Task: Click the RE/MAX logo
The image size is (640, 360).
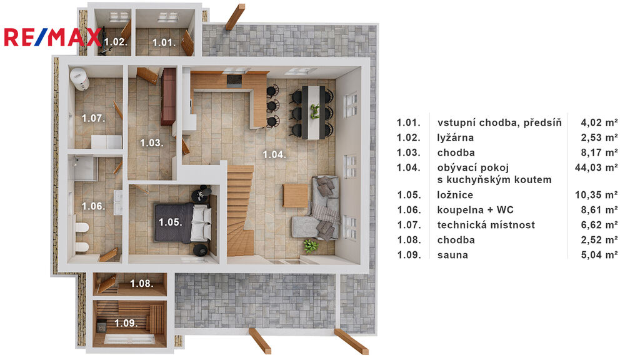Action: (x=52, y=37)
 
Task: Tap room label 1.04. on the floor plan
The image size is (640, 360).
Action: (x=274, y=154)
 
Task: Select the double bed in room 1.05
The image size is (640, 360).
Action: (x=183, y=222)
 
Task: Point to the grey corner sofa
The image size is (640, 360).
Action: (x=318, y=208)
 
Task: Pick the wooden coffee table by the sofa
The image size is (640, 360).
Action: (x=296, y=196)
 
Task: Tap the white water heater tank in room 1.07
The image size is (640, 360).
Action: (x=79, y=79)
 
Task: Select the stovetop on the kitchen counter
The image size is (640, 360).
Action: (x=234, y=81)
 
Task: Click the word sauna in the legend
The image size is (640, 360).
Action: (x=452, y=255)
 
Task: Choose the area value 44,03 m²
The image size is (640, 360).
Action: (x=596, y=167)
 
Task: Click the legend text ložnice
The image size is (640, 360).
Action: (x=455, y=195)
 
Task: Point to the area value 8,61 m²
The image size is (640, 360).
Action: (x=599, y=210)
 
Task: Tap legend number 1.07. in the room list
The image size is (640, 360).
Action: (x=409, y=225)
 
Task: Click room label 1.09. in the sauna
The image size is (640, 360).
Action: (x=126, y=323)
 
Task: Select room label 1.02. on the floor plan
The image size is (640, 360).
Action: (x=116, y=42)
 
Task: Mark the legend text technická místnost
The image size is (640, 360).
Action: (x=486, y=225)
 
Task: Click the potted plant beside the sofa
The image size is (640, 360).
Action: (x=311, y=246)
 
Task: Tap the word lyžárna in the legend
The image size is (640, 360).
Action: (x=456, y=137)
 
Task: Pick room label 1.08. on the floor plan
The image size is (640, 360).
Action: (x=142, y=283)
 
